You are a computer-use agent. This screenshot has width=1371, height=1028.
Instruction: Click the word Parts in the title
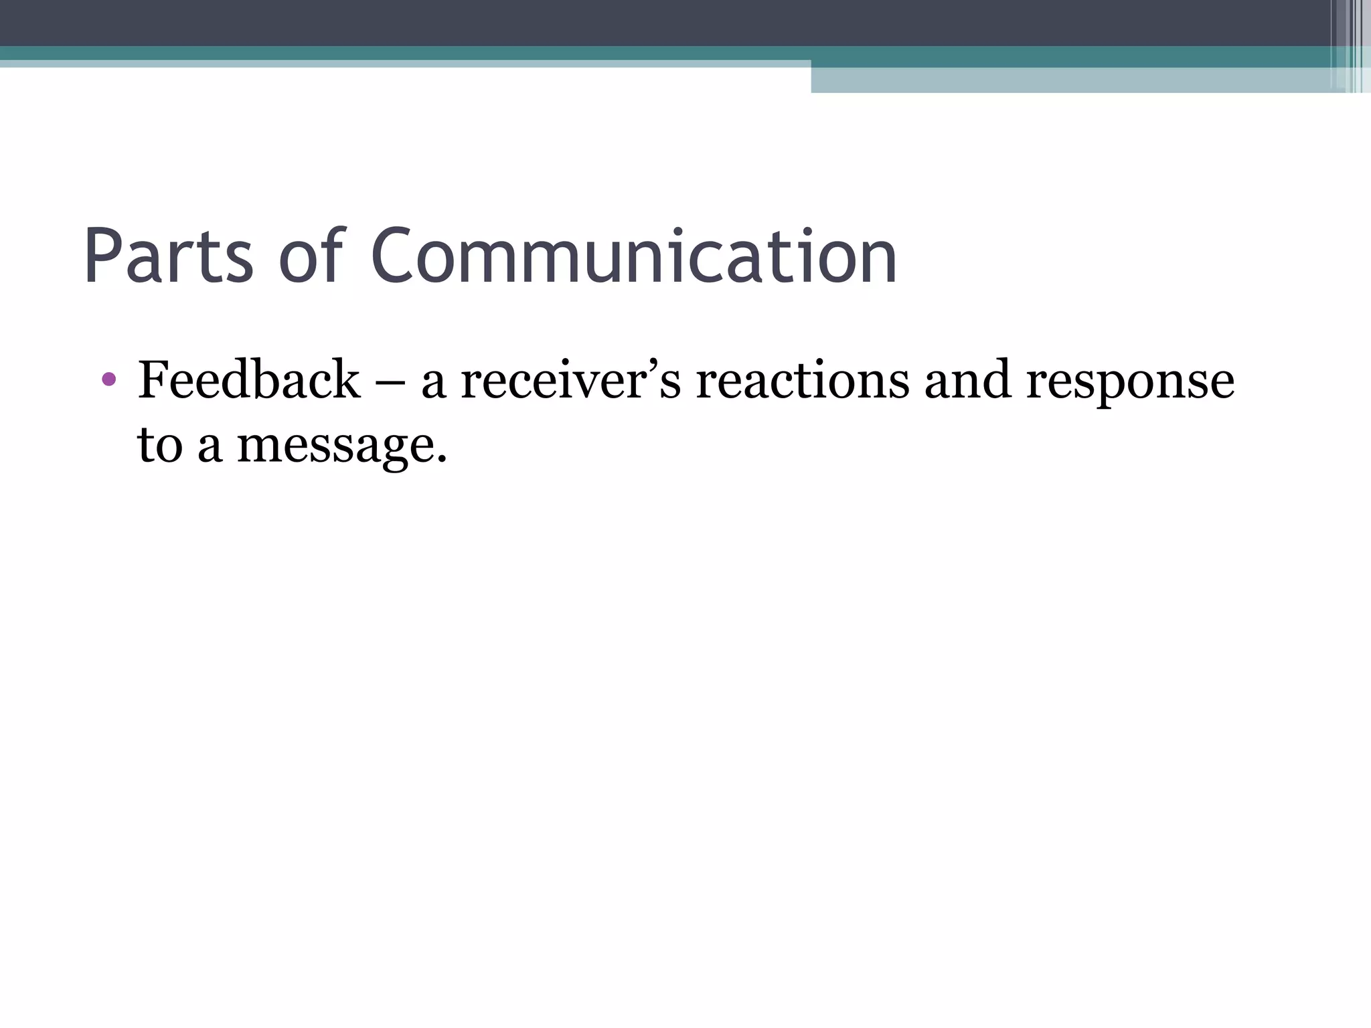pos(168,257)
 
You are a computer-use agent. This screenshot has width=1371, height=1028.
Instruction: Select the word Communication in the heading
pos(633,257)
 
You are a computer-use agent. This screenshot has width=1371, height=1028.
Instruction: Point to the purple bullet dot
pos(109,379)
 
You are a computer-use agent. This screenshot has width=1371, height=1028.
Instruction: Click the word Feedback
pos(248,379)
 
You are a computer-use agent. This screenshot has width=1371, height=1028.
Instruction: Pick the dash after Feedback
pos(390,381)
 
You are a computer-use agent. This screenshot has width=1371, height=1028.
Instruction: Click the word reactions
pos(802,380)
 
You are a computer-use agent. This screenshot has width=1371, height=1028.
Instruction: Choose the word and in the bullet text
pos(967,379)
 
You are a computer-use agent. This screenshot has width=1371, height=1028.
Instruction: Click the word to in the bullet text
pos(160,445)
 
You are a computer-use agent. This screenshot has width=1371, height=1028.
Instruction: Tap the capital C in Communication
pos(392,257)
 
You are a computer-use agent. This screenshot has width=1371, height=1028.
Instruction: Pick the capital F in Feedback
pos(152,379)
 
